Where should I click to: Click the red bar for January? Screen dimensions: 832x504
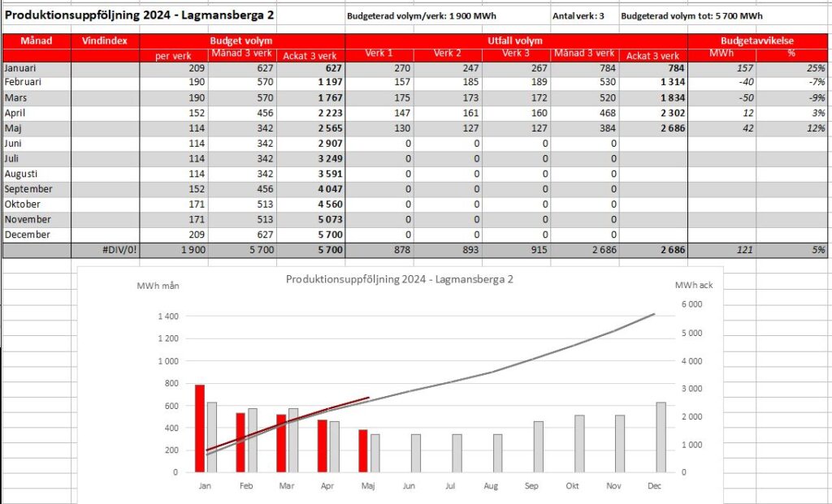pyautogui.click(x=200, y=429)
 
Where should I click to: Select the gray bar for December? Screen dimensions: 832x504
pyautogui.click(x=661, y=437)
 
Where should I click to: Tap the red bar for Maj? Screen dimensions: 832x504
pyautogui.click(x=363, y=450)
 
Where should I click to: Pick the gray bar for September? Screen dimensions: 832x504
pyautogui.click(x=538, y=446)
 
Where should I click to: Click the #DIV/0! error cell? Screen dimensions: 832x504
pyautogui.click(x=119, y=250)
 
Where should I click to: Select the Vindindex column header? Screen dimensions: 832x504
pyautogui.click(x=105, y=41)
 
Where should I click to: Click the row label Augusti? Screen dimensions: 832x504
pyautogui.click(x=21, y=174)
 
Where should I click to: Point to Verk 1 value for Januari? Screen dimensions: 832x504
pyautogui.click(x=402, y=68)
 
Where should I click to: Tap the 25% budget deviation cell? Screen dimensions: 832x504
pyautogui.click(x=816, y=68)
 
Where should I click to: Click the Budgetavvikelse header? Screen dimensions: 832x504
pyautogui.click(x=756, y=41)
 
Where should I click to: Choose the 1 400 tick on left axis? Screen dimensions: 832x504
pyautogui.click(x=168, y=317)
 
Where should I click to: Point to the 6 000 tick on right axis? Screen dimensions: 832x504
pyautogui.click(x=691, y=304)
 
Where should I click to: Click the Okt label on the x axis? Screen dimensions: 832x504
pyautogui.click(x=573, y=486)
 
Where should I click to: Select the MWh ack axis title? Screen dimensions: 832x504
pyautogui.click(x=694, y=285)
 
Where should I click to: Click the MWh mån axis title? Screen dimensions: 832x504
pyautogui.click(x=158, y=286)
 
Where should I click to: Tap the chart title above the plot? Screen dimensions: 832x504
pyautogui.click(x=400, y=279)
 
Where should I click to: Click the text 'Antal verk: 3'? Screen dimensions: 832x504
pyautogui.click(x=578, y=16)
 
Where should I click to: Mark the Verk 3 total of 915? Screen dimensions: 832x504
pyautogui.click(x=539, y=250)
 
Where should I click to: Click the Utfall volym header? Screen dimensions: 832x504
pyautogui.click(x=515, y=41)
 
